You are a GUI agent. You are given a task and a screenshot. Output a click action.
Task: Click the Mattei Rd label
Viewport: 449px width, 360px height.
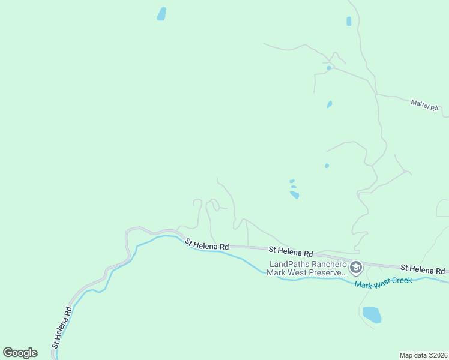click(x=425, y=105)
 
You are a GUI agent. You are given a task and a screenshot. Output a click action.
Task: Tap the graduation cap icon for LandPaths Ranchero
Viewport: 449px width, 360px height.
click(x=356, y=266)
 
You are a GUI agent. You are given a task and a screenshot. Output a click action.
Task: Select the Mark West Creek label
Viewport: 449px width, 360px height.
click(x=383, y=283)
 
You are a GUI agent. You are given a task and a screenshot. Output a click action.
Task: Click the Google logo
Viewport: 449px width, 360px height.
click(x=20, y=353)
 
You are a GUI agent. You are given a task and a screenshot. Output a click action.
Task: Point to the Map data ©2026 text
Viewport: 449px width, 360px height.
click(x=423, y=355)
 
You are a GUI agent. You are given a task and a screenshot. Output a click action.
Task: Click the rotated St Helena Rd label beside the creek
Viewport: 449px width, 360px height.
click(x=62, y=328)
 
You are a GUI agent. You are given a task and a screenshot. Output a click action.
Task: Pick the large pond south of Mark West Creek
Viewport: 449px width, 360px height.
click(x=372, y=314)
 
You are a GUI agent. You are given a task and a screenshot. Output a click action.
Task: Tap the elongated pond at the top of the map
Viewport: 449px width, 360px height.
click(x=161, y=14)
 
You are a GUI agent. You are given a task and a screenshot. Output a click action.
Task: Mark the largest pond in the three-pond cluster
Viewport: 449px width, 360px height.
click(x=294, y=194)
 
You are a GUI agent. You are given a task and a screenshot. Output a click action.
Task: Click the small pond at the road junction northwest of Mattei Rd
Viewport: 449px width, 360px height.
click(x=328, y=68)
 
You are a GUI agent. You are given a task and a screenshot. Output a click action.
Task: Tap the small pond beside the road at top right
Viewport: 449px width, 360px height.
click(x=349, y=21)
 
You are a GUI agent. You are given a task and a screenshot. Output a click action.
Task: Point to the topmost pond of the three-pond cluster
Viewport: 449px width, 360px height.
click(x=292, y=181)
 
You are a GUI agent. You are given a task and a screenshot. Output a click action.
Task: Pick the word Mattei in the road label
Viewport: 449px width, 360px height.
click(x=420, y=104)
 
